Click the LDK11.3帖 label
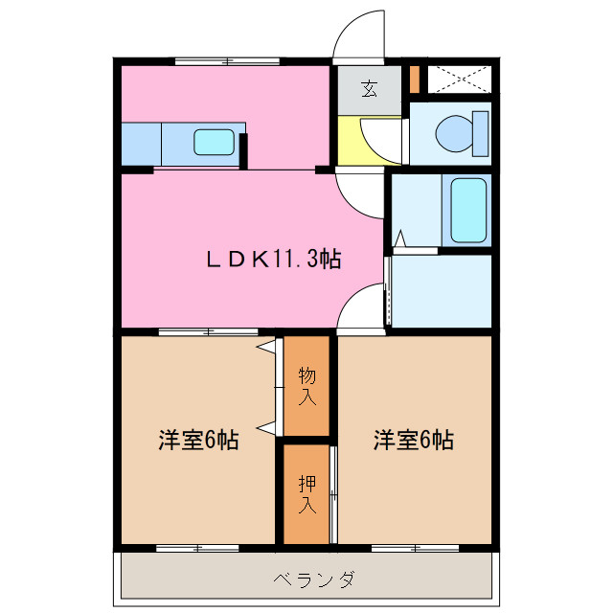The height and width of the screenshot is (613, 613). tap(274, 259)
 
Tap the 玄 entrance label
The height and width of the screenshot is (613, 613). tap(369, 90)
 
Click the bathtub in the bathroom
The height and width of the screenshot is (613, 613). tap(469, 211)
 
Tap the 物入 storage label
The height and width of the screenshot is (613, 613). tap(306, 382)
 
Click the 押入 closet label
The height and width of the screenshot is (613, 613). tap(306, 494)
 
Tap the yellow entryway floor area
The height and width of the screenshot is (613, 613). tap(359, 141)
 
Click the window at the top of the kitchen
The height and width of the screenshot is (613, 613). tap(227, 62)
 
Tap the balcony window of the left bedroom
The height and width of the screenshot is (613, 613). tap(196, 549)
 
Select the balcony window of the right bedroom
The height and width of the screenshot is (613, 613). tap(414, 549)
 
